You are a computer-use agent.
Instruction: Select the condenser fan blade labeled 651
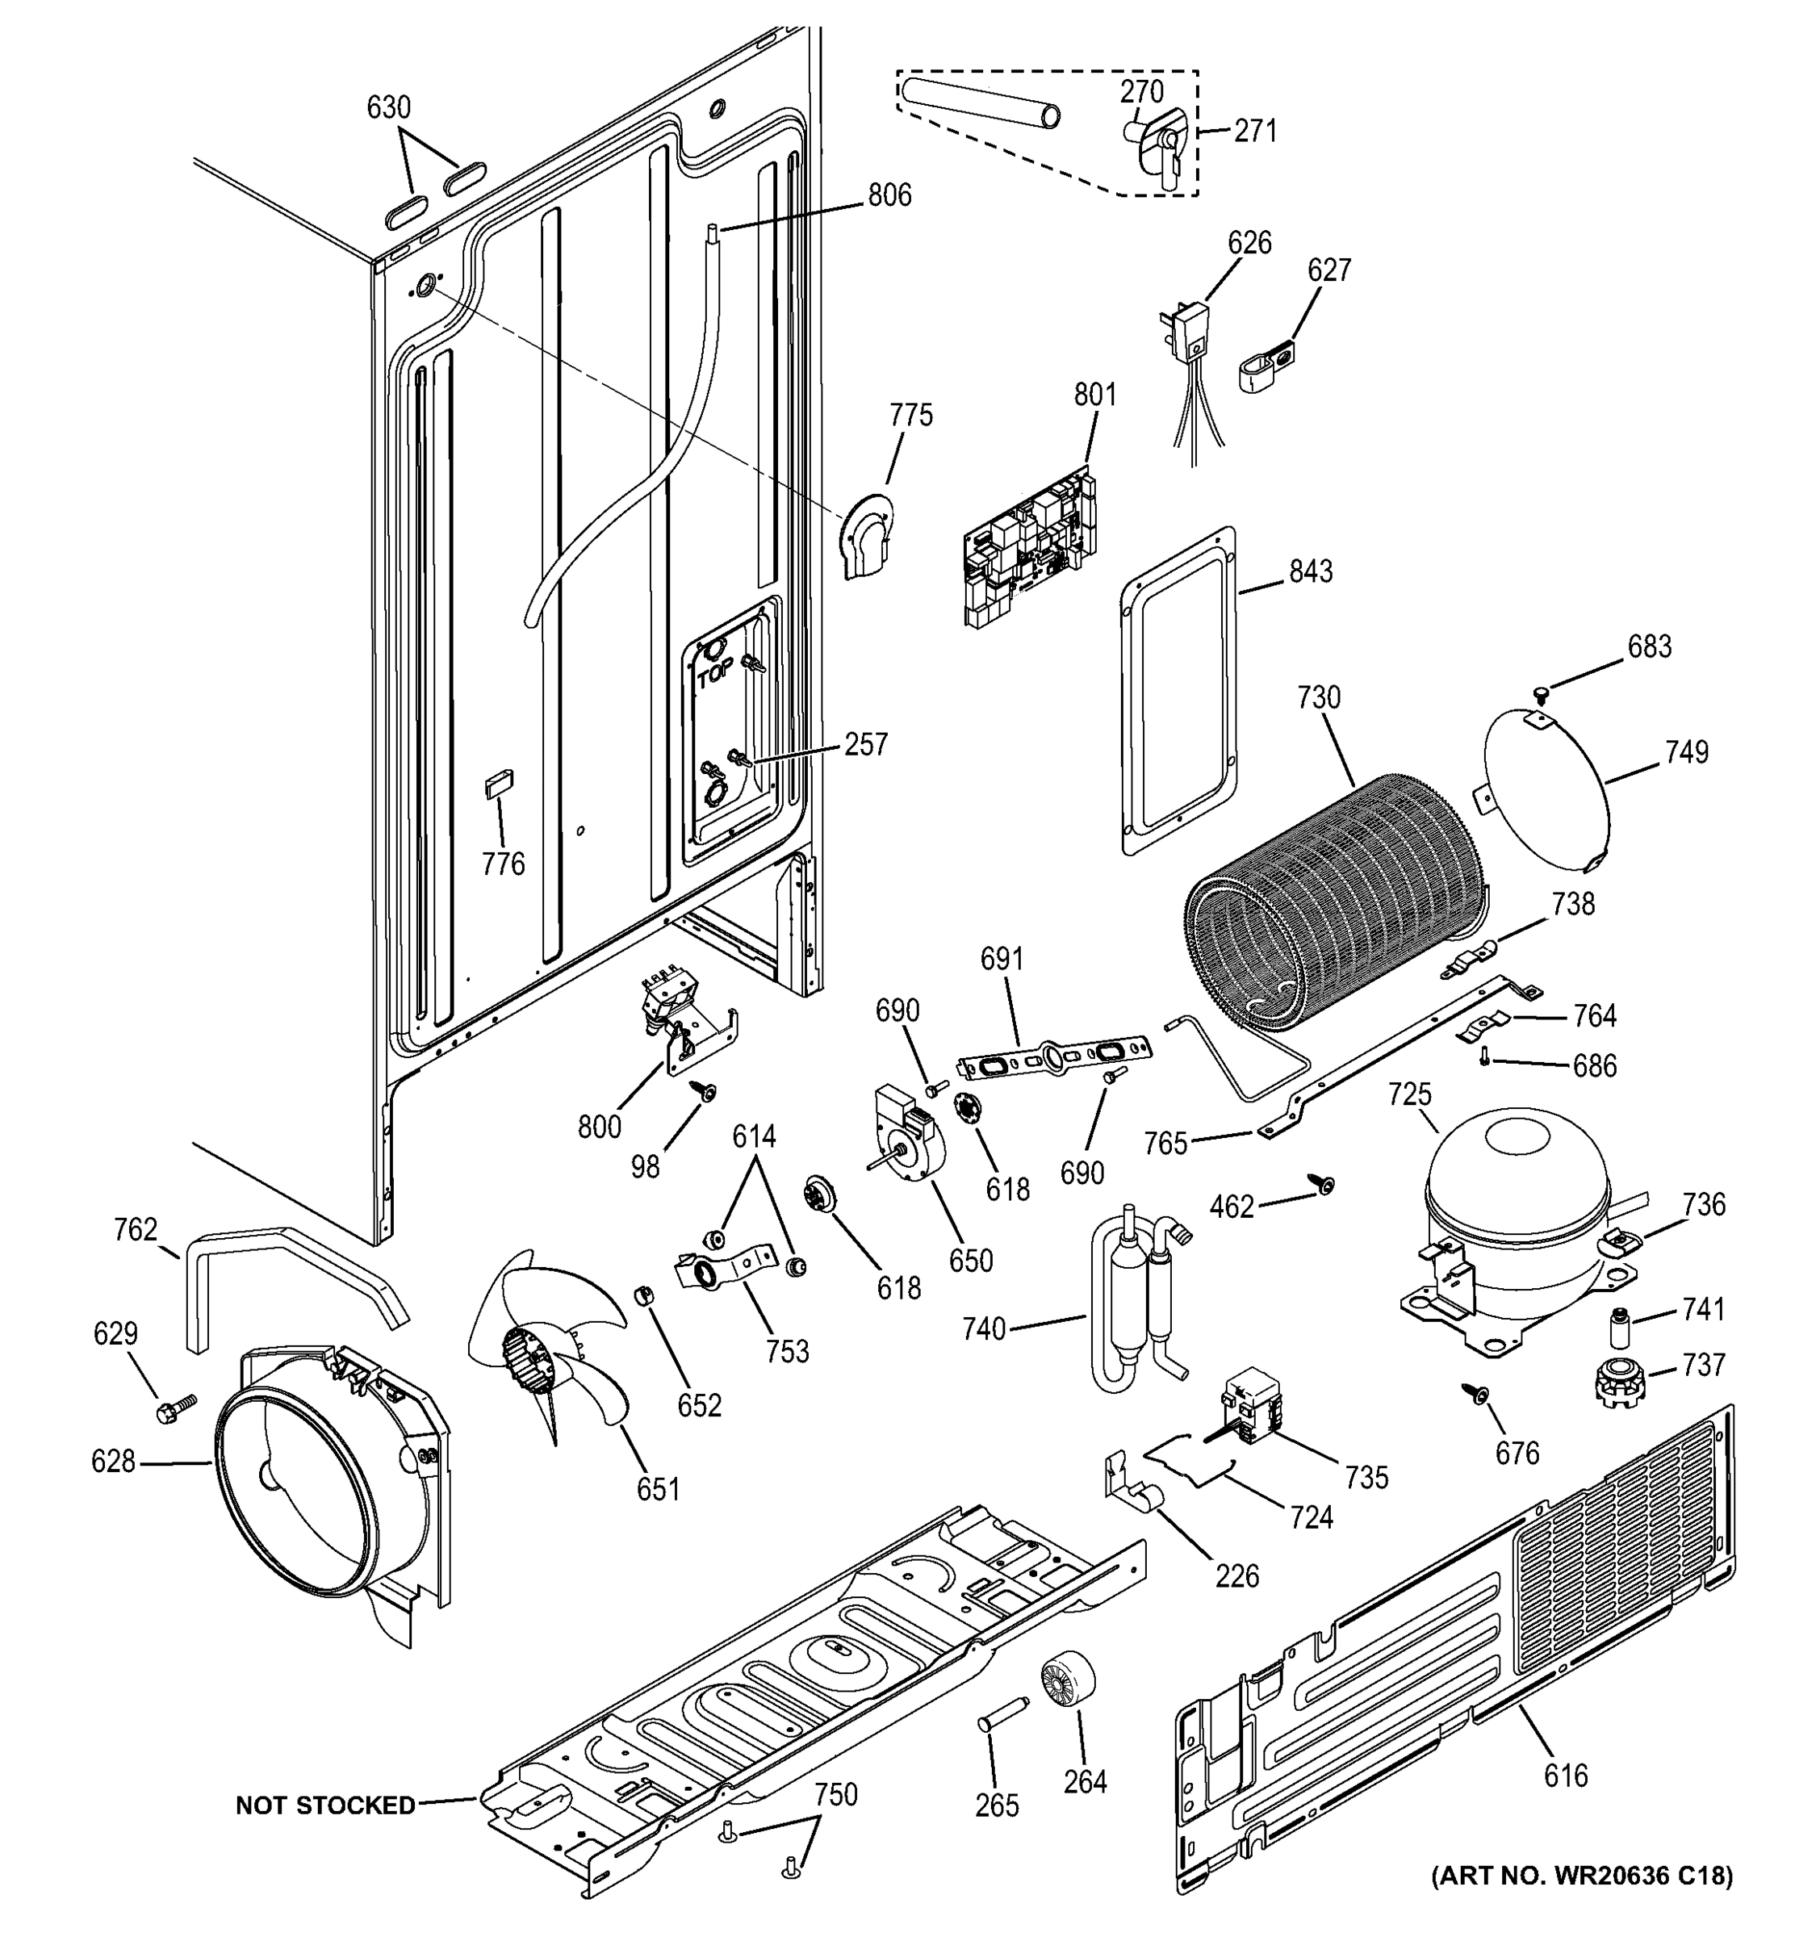546,1345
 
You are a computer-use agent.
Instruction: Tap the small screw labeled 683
1538,692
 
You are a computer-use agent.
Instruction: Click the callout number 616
1565,1776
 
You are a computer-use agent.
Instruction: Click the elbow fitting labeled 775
866,541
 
